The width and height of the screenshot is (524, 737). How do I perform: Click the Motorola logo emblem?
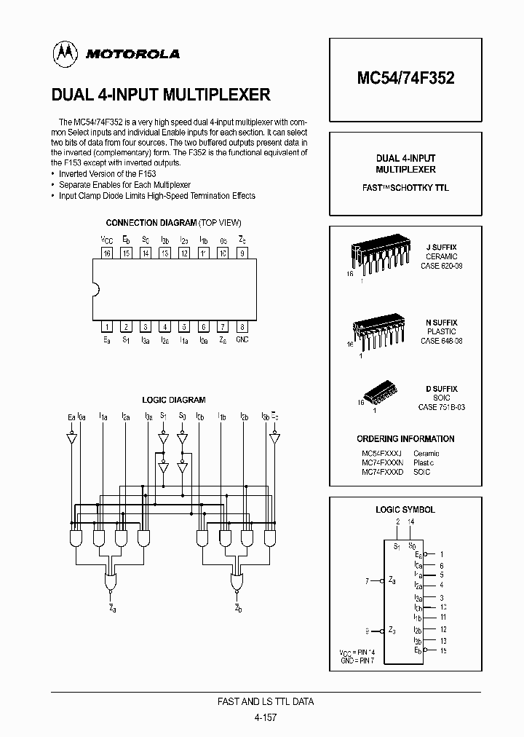[65, 53]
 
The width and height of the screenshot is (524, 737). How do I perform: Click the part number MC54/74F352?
[405, 78]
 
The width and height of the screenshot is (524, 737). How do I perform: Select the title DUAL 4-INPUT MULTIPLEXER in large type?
[161, 95]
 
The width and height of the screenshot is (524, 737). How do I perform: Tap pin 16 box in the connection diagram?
[106, 253]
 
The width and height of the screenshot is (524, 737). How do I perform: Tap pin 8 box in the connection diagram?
[242, 327]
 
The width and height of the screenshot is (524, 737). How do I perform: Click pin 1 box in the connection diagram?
[106, 327]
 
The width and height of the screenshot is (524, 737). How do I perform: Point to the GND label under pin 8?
[242, 340]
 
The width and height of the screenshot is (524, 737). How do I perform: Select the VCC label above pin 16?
[106, 240]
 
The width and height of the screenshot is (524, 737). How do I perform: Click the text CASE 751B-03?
[441, 407]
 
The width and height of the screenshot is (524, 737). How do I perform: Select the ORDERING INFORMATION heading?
[405, 439]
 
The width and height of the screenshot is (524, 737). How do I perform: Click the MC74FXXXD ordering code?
[382, 472]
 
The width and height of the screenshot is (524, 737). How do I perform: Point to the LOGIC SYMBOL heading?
[405, 510]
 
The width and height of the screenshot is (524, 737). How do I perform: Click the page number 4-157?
[266, 717]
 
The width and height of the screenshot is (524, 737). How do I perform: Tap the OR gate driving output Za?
[110, 583]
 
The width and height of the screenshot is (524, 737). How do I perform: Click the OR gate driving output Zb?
[237, 583]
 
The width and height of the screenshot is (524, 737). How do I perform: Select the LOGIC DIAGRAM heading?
[173, 400]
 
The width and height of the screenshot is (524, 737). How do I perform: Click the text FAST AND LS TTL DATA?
[266, 702]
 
